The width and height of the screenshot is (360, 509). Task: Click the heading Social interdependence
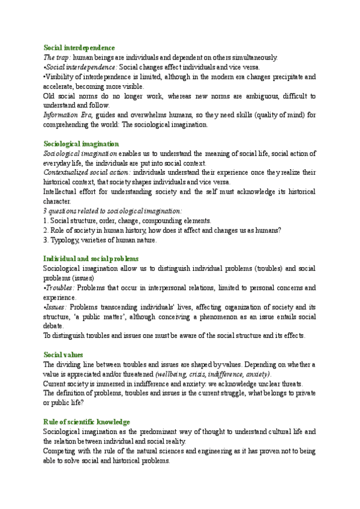coord(79,47)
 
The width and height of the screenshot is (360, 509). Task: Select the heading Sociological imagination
coord(81,144)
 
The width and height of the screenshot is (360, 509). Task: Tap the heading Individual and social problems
coord(91,258)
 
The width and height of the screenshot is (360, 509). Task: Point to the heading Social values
coord(63,355)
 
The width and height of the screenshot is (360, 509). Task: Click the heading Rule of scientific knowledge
coord(86,422)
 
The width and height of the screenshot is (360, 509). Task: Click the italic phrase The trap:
coord(57,58)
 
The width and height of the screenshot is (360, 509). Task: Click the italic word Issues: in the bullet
coord(56,307)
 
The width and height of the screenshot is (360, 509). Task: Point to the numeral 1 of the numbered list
coord(46,221)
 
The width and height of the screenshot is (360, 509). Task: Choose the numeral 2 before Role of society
coord(46,230)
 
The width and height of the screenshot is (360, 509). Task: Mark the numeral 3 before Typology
coord(46,240)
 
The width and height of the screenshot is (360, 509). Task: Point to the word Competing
coord(62,451)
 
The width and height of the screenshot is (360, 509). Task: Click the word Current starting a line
coord(56,384)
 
